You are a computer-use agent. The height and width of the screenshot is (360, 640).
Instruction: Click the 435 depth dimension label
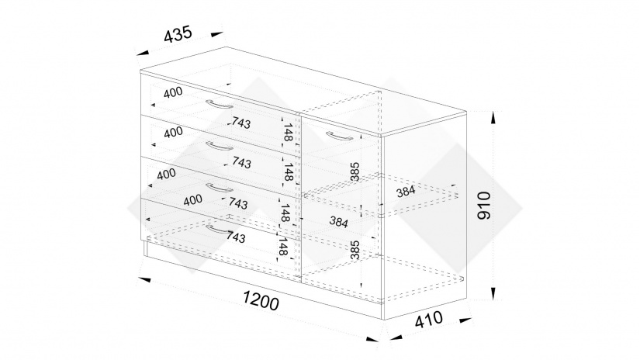point(178,34)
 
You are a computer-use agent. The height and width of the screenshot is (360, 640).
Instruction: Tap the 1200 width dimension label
point(261,301)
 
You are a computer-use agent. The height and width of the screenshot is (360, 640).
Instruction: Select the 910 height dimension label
point(484,206)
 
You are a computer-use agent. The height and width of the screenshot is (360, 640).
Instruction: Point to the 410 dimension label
point(428,319)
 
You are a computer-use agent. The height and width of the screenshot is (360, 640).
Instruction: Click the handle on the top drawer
point(219,105)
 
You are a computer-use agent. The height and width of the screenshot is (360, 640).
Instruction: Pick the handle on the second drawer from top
point(220,146)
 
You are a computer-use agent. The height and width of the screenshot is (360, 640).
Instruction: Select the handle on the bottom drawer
point(219,230)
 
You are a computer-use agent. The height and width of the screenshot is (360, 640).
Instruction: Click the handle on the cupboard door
point(340,136)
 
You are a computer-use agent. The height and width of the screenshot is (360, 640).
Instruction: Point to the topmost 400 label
point(173,92)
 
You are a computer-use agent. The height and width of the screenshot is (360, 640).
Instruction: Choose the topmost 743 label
point(241,123)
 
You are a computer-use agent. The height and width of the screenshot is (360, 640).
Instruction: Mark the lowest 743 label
point(236,237)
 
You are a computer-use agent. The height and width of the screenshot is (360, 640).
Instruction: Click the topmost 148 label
point(288,132)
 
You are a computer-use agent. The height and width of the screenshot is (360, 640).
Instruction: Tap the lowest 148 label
point(282,247)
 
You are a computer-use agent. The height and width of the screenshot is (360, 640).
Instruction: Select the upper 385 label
point(355,171)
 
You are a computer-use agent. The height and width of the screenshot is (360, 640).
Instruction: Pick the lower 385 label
point(355,250)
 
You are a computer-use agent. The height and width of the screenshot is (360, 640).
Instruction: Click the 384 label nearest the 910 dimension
point(406,191)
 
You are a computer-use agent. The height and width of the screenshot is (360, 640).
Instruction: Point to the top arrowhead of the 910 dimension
point(493,118)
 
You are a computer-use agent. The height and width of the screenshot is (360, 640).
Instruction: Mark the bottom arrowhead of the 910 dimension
point(493,293)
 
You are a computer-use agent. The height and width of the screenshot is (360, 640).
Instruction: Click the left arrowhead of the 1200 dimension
point(144,279)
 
